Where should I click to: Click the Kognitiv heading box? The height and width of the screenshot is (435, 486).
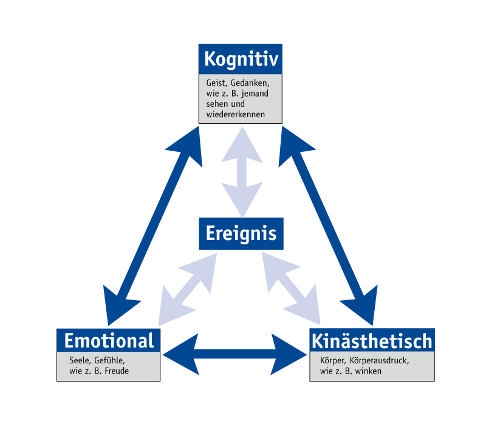pos(241,60)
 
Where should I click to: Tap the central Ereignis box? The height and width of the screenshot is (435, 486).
pos(241,233)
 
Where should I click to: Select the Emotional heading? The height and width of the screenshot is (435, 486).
pos(109,340)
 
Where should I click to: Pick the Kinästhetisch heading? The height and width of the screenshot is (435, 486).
pos(372,340)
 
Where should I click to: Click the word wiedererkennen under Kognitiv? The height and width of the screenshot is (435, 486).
pos(231,114)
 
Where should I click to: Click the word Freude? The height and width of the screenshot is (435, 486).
pos(117,371)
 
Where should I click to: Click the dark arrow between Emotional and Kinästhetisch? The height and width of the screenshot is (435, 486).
pos(236,352)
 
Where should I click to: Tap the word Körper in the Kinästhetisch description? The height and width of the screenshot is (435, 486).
pos(332,360)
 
